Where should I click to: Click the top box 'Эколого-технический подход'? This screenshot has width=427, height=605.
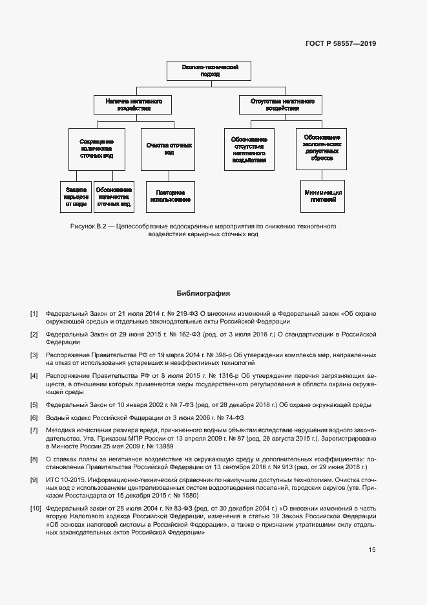tap(201, 71)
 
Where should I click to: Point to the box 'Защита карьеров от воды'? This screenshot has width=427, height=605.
tap(76, 196)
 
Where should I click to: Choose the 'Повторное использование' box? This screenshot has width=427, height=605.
tap(169, 196)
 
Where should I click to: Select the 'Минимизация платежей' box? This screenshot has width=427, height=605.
tap(322, 196)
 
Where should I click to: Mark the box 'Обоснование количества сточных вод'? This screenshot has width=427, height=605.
tap(114, 196)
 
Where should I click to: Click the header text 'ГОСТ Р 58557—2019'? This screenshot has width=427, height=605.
tap(340, 43)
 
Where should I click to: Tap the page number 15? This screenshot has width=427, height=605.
tap(372, 549)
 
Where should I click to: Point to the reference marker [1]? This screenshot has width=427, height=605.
tap(34, 314)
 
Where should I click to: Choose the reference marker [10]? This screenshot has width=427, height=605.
tap(36, 508)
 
